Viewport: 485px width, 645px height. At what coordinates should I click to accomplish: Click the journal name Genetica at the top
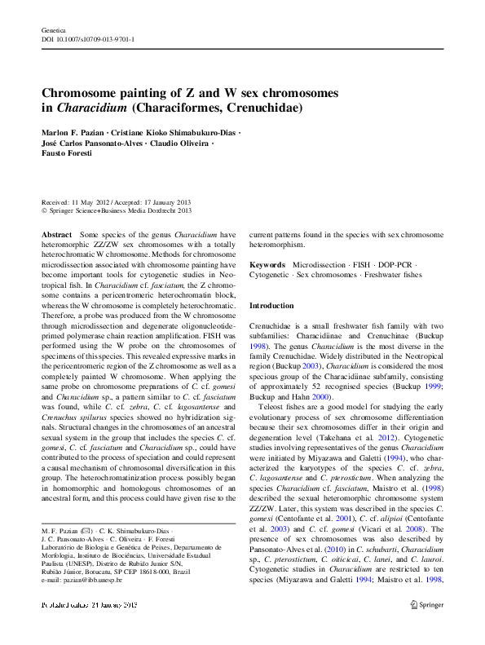click(53, 29)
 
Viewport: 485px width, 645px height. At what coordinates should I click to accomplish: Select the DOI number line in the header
click(88, 38)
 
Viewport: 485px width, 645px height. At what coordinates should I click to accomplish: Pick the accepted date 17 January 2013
click(165, 201)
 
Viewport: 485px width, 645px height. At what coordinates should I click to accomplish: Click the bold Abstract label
click(56, 234)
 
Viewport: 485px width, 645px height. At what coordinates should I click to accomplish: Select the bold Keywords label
click(267, 265)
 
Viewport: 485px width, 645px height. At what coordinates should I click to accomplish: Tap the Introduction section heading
click(271, 305)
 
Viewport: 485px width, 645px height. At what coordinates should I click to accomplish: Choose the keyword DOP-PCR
click(396, 265)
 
